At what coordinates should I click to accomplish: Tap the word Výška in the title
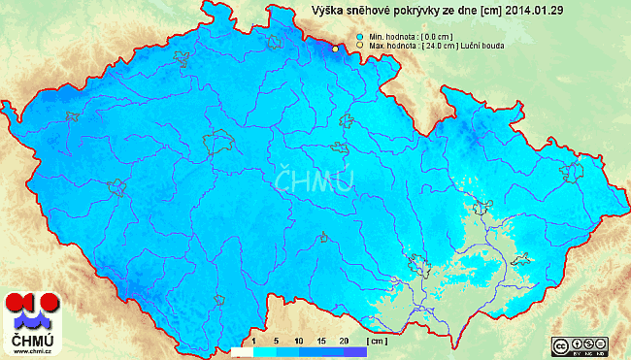(x=328, y=11)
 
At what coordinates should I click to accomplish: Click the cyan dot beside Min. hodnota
(x=360, y=36)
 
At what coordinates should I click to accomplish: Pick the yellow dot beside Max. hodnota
(x=360, y=45)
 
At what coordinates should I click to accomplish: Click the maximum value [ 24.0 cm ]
(x=438, y=45)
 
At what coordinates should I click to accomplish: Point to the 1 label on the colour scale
(x=253, y=342)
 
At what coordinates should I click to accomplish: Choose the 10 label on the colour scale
(x=299, y=342)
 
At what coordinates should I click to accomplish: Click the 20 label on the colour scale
(x=345, y=342)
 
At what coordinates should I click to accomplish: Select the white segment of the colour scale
(x=242, y=351)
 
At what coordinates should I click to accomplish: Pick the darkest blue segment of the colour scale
(x=355, y=351)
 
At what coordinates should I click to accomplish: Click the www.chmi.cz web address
(x=31, y=353)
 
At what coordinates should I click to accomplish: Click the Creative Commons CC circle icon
(x=560, y=345)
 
